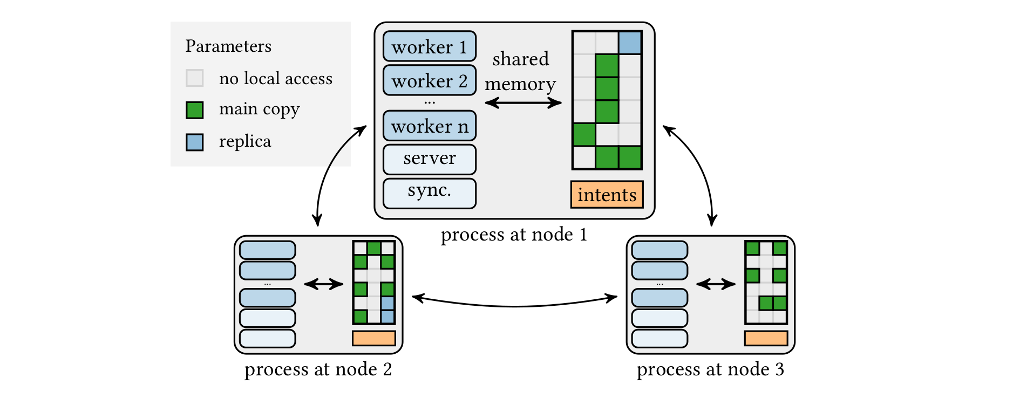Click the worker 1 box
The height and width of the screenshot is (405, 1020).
[x=430, y=47]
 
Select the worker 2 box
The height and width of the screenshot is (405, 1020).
[x=430, y=81]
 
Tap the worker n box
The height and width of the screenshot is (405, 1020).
[x=430, y=126]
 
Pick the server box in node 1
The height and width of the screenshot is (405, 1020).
[x=430, y=159]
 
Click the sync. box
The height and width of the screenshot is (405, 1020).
[x=430, y=193]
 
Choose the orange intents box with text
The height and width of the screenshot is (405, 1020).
[x=607, y=195]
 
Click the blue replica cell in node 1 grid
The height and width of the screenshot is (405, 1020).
[x=630, y=43]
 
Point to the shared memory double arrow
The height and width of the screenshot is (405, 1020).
[x=523, y=102]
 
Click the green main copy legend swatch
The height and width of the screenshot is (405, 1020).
[x=194, y=110]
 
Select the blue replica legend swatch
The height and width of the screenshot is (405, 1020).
[x=194, y=142]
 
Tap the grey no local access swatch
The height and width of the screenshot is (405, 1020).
[x=194, y=78]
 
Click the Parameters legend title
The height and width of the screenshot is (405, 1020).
[x=228, y=46]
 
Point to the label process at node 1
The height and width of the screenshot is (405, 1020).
[x=514, y=235]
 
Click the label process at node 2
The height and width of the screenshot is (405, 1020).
[x=318, y=369]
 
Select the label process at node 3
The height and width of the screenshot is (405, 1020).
[x=710, y=369]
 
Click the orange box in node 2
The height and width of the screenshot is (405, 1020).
[x=373, y=338]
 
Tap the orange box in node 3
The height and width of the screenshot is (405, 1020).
[x=766, y=338]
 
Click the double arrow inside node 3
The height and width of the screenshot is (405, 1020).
[x=716, y=284]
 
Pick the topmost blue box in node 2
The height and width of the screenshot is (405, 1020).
[x=267, y=250]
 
